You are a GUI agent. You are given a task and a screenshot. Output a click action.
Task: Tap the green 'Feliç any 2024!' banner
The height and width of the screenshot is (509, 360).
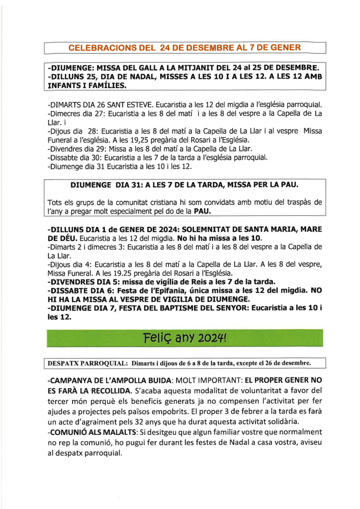(184, 339)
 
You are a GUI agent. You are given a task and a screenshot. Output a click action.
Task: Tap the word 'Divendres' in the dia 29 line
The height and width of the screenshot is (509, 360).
(66, 149)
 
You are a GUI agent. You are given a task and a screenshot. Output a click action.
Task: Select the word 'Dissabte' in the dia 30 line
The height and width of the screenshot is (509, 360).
(64, 158)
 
